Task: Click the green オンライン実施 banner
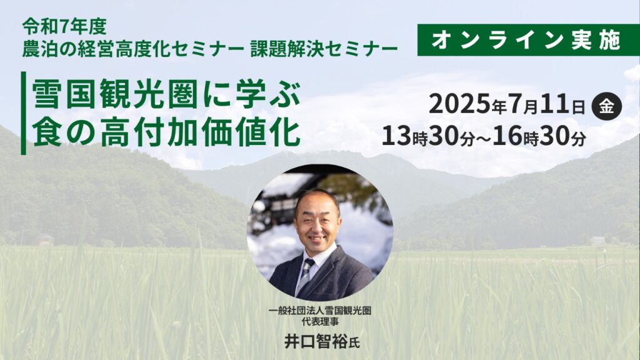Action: tap(528, 40)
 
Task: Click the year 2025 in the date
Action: tap(459, 104)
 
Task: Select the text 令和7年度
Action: tap(64, 27)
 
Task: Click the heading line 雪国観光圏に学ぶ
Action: tap(166, 94)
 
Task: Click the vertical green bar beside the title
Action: tap(23, 113)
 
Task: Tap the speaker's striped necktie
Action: tap(305, 276)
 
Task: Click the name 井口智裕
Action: tap(316, 341)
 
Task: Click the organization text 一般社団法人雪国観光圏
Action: tap(320, 311)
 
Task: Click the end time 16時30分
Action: tap(539, 137)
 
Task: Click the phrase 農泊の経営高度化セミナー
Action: tap(133, 49)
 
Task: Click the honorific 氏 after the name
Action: tap(354, 343)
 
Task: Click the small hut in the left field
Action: tap(45, 241)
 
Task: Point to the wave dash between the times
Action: tap(483, 138)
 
